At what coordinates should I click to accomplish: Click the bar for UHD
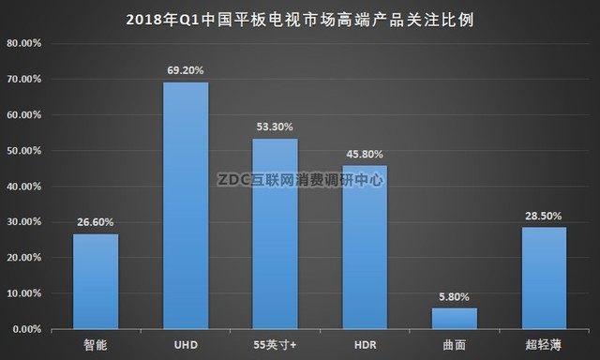[186, 205]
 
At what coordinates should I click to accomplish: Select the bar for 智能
[96, 281]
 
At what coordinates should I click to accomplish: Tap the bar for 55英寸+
[275, 233]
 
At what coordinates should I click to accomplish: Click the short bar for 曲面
[455, 319]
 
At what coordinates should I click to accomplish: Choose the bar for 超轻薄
[544, 277]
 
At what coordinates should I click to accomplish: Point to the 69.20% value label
[186, 69]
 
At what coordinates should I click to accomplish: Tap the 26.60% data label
[96, 222]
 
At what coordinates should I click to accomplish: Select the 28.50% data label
[544, 215]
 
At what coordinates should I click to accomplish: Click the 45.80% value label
[365, 153]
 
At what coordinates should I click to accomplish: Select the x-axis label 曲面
[455, 346]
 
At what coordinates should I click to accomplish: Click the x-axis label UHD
[186, 346]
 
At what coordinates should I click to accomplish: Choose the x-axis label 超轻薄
[544, 346]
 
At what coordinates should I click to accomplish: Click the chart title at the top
[299, 18]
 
